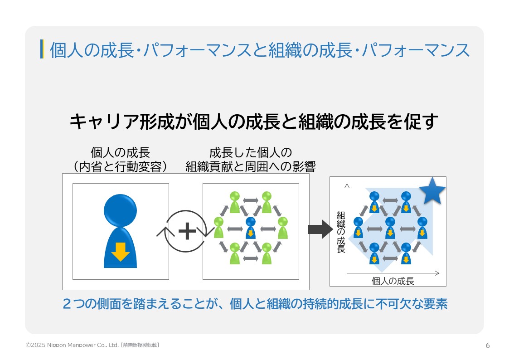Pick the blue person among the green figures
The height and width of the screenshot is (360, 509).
pyautogui.click(x=250, y=227)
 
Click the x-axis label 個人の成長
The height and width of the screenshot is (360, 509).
pyautogui.click(x=393, y=281)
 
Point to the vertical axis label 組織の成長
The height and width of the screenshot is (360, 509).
pyautogui.click(x=341, y=232)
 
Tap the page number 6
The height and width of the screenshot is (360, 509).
pyautogui.click(x=488, y=345)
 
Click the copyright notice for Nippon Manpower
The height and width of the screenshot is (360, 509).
pyautogui.click(x=73, y=345)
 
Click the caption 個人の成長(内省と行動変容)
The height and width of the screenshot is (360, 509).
pyautogui.click(x=120, y=159)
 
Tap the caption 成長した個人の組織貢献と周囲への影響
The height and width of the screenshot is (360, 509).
pyautogui.click(x=250, y=159)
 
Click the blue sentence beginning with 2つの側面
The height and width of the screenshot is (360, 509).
pyautogui.click(x=254, y=304)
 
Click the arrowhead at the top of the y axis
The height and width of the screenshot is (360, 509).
pyautogui.click(x=347, y=185)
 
